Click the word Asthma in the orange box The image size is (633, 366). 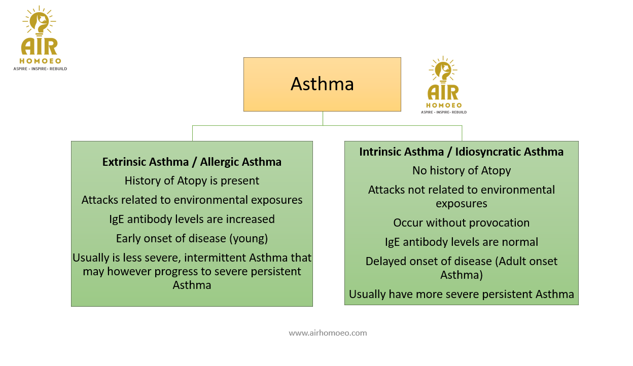322,84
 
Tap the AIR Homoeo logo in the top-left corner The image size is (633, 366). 40,38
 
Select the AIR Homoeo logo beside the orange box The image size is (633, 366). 444,85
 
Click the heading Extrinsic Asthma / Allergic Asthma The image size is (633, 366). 192,162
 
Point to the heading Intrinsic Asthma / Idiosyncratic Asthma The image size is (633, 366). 461,152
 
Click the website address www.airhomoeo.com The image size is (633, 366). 328,333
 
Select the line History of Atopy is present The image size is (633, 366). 192,181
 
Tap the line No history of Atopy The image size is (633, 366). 462,171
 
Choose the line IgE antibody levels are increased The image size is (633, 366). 192,219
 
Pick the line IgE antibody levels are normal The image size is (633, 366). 462,242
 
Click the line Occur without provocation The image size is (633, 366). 462,223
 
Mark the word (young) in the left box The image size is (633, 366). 249,239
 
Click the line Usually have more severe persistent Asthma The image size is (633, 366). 462,294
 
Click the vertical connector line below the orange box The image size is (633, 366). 323,118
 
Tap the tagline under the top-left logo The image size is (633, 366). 40,68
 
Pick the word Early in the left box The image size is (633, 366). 128,239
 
